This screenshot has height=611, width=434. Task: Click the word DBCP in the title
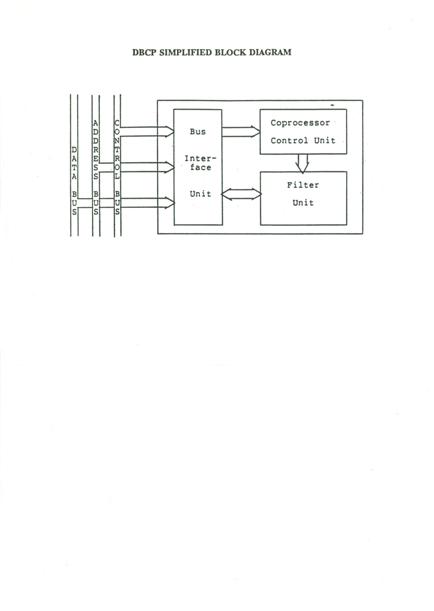144,53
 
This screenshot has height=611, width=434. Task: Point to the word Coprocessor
300,123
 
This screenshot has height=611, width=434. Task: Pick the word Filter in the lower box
303,185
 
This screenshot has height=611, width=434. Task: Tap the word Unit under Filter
303,203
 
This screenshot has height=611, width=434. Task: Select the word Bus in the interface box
198,132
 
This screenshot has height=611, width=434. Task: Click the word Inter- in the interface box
200,159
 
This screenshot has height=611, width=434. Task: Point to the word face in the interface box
200,167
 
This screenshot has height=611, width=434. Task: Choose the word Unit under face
200,194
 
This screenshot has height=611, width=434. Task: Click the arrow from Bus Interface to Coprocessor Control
241,132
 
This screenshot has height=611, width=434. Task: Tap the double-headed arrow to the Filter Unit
242,194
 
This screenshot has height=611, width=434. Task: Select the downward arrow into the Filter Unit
302,163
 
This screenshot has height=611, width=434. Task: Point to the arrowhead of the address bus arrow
170,167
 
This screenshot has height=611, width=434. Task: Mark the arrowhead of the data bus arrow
170,203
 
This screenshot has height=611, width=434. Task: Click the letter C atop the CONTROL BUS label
116,123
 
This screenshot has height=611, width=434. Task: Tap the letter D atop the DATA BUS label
74,150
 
